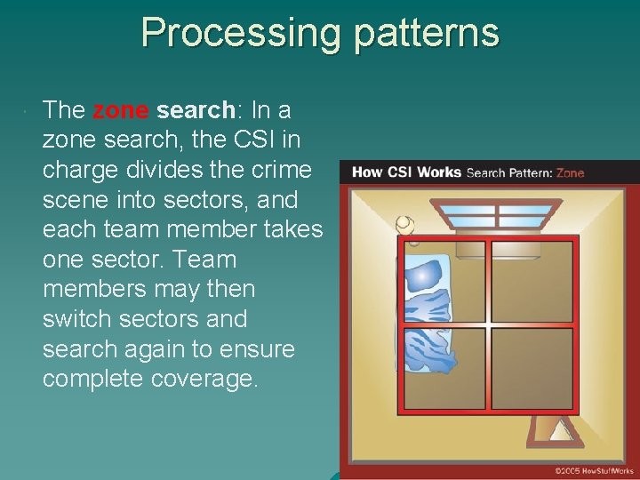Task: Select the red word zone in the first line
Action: click(x=121, y=111)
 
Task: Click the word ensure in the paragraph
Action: click(x=255, y=349)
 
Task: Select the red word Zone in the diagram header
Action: click(x=570, y=172)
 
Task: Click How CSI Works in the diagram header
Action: click(x=406, y=172)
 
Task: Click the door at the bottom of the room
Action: click(x=559, y=431)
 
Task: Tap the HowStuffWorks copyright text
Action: click(x=593, y=470)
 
